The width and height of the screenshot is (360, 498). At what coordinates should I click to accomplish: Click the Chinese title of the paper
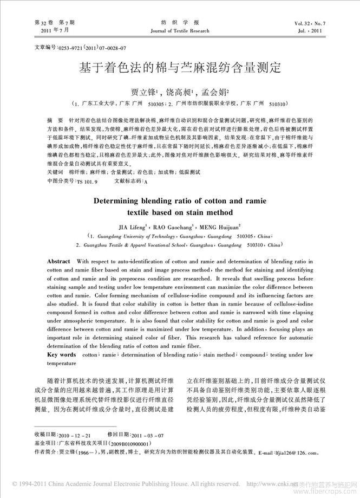pyautogui.click(x=179, y=69)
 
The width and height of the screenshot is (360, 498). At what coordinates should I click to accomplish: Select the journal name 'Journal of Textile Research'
pyautogui.click(x=180, y=31)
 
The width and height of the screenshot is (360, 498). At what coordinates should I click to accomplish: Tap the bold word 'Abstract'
pyautogui.click(x=58, y=261)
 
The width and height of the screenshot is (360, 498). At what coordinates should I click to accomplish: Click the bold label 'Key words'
pyautogui.click(x=61, y=354)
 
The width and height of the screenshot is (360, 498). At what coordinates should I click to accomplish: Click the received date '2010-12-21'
pyautogui.click(x=75, y=435)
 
